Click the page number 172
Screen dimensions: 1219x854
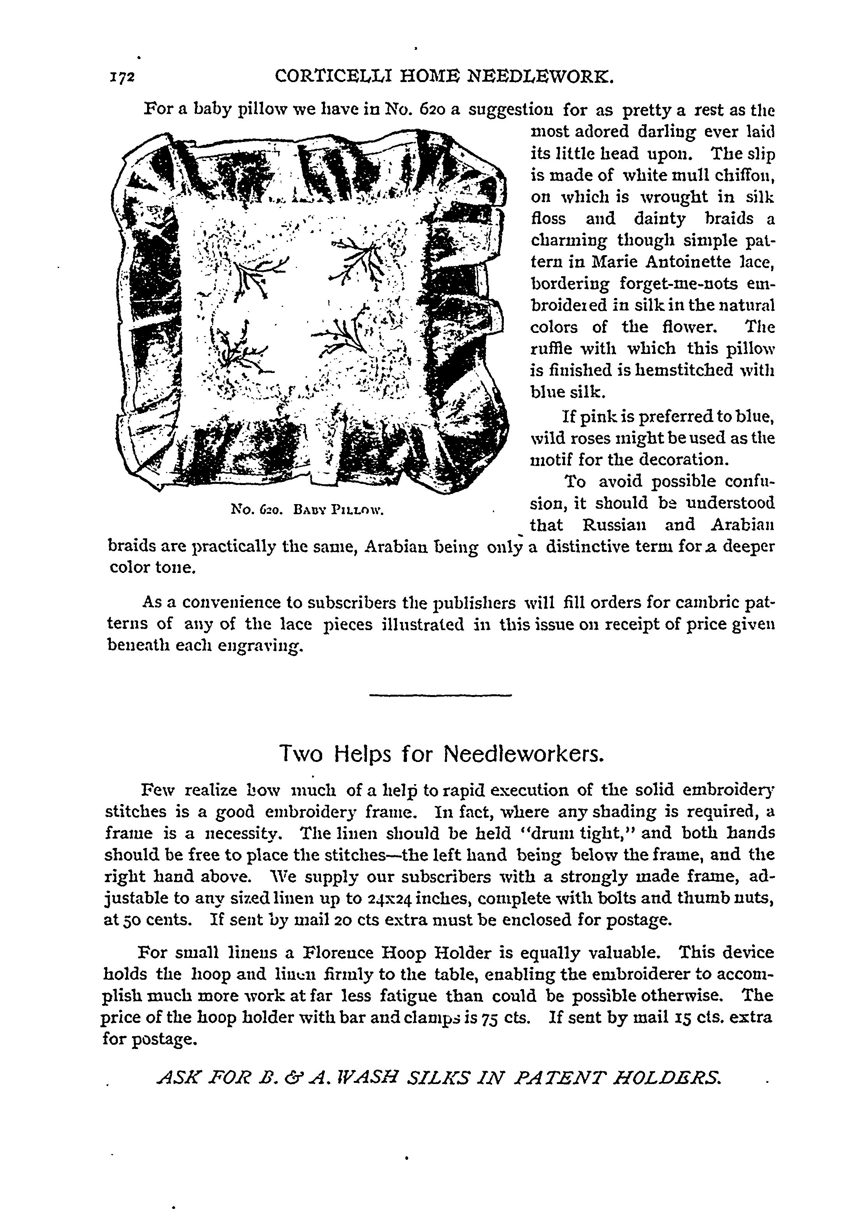pos(123,77)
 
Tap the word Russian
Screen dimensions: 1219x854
pos(614,525)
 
